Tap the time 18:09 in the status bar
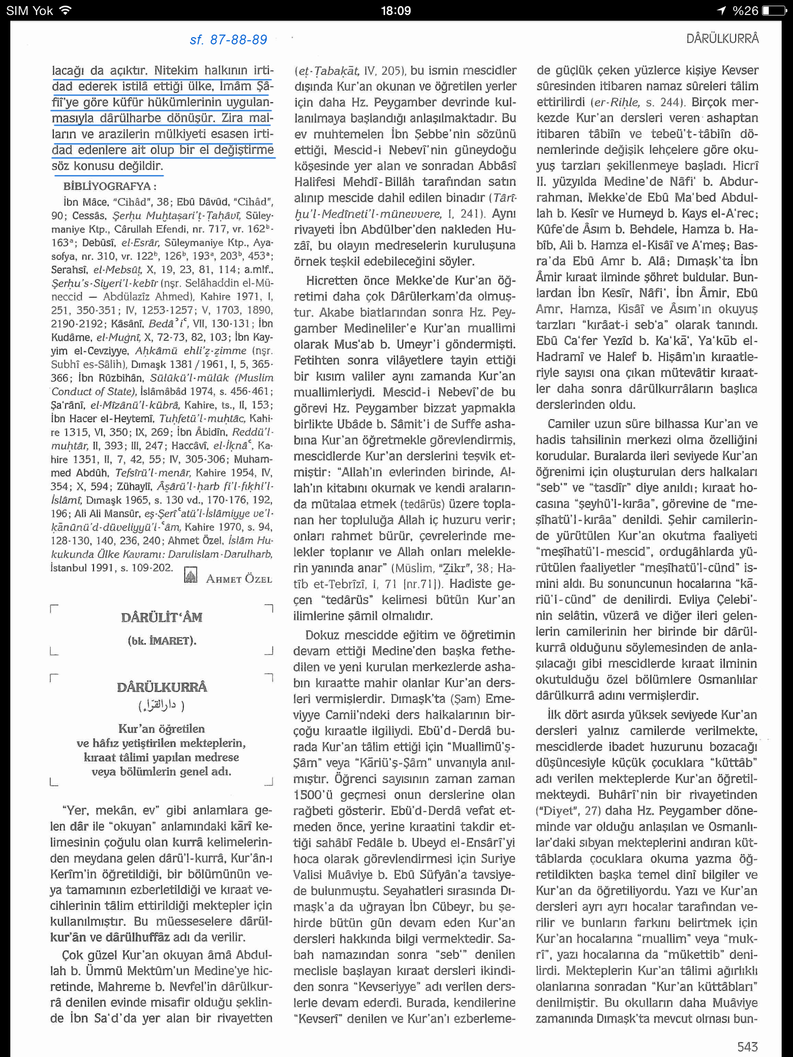pyautogui.click(x=395, y=10)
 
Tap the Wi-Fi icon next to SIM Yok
pyautogui.click(x=65, y=10)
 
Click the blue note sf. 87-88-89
pyautogui.click(x=229, y=40)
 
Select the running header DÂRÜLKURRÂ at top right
pyautogui.click(x=722, y=38)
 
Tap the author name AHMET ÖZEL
pyautogui.click(x=239, y=579)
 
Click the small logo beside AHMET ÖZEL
pyautogui.click(x=191, y=575)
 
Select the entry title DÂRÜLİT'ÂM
pyautogui.click(x=162, y=617)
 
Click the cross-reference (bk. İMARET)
pyautogui.click(x=162, y=641)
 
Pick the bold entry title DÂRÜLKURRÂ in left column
pyautogui.click(x=162, y=687)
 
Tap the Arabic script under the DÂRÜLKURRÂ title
pyautogui.click(x=161, y=705)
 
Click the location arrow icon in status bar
pyautogui.click(x=721, y=10)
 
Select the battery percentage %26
pyautogui.click(x=745, y=10)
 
